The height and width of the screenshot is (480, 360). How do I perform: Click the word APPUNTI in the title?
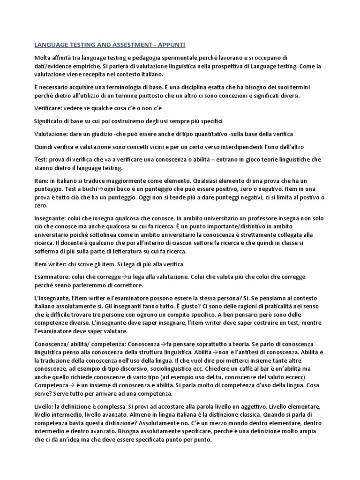[172, 45]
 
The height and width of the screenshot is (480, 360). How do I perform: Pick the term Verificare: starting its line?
[50, 108]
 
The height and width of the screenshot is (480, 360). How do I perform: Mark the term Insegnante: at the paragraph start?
[52, 218]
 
